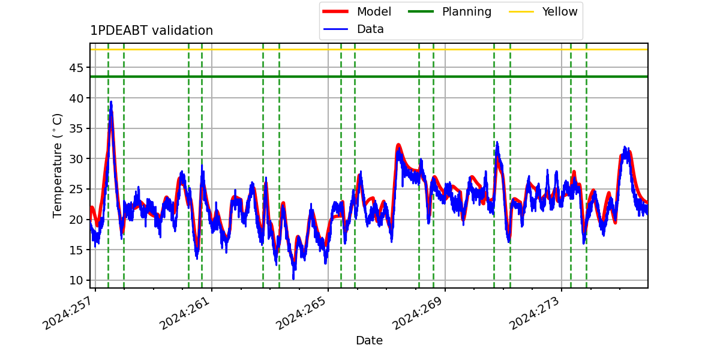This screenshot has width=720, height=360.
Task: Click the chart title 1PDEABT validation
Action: coord(151,31)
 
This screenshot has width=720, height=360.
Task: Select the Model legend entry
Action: coord(357,11)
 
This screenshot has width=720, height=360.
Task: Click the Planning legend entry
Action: coord(449,11)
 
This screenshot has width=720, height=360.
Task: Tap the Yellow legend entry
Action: coord(543,11)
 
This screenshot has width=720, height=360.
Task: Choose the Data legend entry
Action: coord(353,29)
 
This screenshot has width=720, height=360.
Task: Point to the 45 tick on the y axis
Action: coord(76,68)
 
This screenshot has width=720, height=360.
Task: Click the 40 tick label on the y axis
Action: coord(76,98)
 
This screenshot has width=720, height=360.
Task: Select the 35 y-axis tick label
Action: coord(76,128)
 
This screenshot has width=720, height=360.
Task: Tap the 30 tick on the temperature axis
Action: coord(76,159)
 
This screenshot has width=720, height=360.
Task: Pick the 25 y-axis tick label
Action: coord(76,189)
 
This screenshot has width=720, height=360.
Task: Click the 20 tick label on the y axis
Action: coord(76,220)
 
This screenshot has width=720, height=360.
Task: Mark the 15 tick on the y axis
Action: coord(76,250)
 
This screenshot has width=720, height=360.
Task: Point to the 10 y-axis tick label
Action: coord(76,280)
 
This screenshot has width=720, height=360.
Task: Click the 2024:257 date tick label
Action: coord(68,313)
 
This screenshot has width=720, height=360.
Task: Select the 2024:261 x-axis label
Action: coord(185,313)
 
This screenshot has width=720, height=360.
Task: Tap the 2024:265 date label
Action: coord(301,313)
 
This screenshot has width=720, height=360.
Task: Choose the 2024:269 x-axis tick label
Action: coord(418,313)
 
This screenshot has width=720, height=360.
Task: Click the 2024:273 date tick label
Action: coord(535,313)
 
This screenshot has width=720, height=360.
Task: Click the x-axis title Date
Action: coord(370,340)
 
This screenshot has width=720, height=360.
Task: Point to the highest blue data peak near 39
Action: coord(111,102)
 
